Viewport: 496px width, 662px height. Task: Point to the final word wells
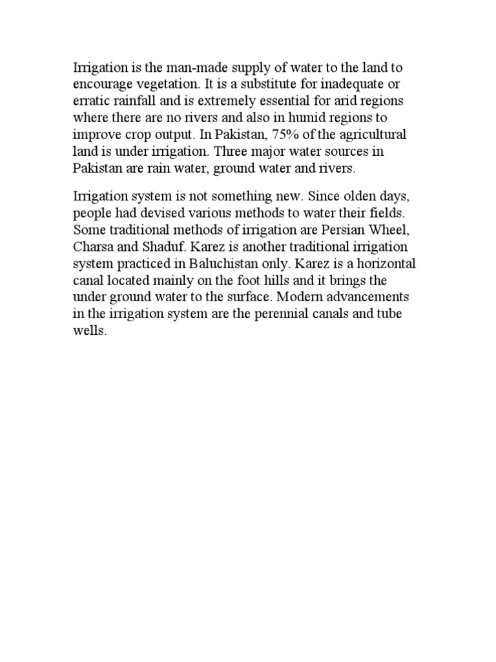click(x=87, y=330)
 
